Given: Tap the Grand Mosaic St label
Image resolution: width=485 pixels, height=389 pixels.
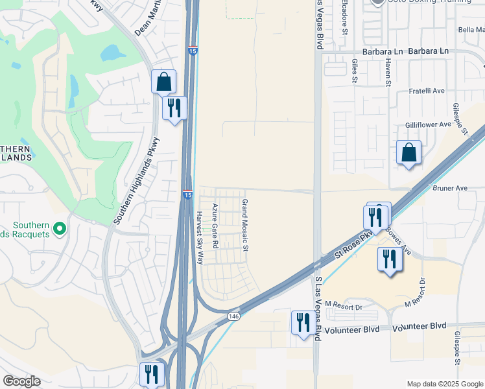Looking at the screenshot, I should coord(245,226).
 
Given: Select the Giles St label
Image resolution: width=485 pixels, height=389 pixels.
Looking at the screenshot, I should coord(355,71).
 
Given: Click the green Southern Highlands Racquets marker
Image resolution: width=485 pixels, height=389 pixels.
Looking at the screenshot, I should coord(60,228).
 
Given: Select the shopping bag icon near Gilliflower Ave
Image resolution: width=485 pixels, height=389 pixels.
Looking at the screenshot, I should coord(408,153).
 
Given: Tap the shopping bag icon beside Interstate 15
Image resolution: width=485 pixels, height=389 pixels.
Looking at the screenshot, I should coord(163,82).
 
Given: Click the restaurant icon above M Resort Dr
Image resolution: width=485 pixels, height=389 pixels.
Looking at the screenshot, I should coord(390,259).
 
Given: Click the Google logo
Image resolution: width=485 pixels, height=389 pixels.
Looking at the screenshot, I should coord(21,381).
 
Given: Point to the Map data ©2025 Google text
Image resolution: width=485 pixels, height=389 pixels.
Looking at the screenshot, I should coord(444,383).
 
